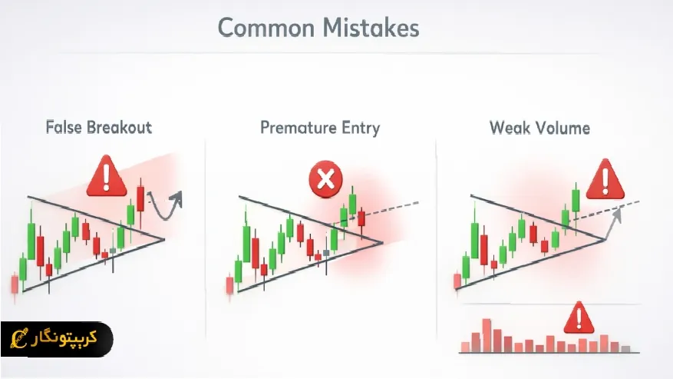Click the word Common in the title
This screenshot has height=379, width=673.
coord(266,28)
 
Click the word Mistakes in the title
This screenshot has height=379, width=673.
coord(371,28)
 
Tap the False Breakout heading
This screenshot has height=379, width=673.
coord(99,128)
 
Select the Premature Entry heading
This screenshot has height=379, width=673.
coord(320,128)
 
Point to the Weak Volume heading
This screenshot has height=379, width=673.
coord(540,128)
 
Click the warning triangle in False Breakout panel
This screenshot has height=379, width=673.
coord(107,176)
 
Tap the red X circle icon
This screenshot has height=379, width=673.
coord(326,179)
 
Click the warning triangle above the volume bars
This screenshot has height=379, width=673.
coord(579,318)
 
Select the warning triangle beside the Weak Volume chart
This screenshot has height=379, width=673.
coord(605,179)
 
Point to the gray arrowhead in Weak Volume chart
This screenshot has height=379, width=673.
coord(617,214)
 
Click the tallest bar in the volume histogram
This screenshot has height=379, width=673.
coord(487,335)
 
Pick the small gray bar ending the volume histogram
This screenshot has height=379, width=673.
coord(625,349)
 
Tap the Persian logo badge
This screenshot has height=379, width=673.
coord(57,339)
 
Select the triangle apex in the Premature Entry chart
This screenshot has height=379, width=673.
coord(382,243)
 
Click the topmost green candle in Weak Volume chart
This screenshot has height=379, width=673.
coord(576,201)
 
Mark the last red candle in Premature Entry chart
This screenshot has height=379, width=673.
coord(361,218)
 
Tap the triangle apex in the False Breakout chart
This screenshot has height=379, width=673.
coord(164,240)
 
